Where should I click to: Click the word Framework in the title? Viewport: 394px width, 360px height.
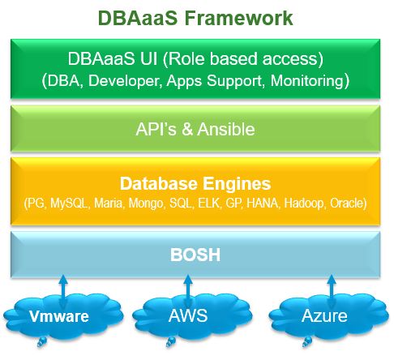238,18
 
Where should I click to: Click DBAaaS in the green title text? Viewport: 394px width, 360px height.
138,18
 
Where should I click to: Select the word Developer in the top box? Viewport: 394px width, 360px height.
125,81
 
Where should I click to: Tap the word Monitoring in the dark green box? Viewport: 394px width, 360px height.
306,80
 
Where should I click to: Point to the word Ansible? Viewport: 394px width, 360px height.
226,129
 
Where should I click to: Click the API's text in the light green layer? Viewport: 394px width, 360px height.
156,129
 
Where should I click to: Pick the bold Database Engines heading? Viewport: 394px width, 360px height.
195,184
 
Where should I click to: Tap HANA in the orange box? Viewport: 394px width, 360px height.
263,204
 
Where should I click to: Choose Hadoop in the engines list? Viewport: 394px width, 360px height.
304,204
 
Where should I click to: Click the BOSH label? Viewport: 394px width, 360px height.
195,255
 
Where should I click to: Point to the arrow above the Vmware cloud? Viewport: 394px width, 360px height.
63,291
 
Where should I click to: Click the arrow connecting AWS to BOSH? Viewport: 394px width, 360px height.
188,291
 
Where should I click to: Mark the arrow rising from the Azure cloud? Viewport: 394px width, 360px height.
332,291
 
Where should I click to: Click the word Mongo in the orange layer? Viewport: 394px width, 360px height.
146,204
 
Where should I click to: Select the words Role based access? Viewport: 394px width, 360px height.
242,59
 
